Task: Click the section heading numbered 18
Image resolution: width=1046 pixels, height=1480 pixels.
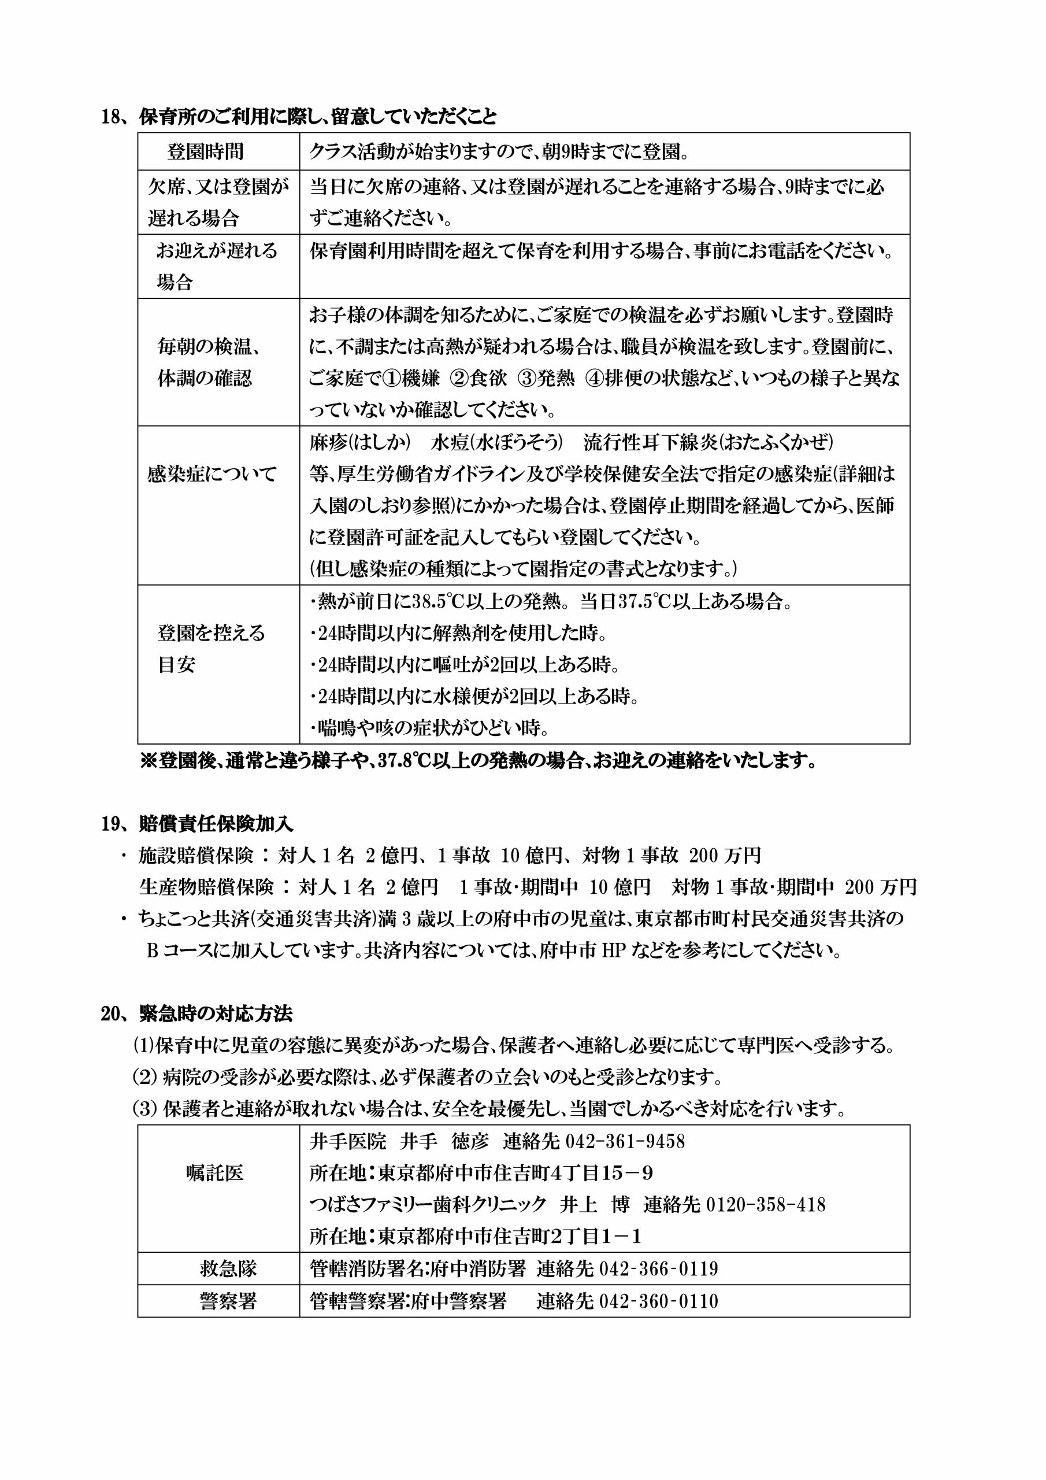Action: pyautogui.click(x=299, y=116)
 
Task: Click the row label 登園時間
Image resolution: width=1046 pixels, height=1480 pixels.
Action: pyautogui.click(x=206, y=152)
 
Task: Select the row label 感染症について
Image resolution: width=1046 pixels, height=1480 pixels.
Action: pyautogui.click(x=212, y=475)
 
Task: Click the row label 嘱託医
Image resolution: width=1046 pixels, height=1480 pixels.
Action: pyautogui.click(x=214, y=1172)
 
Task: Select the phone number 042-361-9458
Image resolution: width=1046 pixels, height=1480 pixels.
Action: pyautogui.click(x=625, y=1142)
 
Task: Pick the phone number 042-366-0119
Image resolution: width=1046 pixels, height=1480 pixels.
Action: pyautogui.click(x=659, y=1268)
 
